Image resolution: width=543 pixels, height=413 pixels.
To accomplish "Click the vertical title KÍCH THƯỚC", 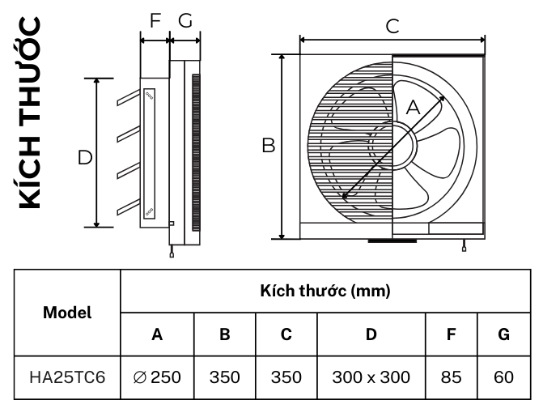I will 32,113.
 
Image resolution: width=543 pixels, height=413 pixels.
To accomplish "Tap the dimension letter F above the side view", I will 155,21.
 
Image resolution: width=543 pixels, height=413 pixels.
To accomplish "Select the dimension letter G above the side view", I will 185,21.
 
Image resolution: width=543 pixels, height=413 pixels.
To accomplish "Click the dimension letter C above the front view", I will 392,27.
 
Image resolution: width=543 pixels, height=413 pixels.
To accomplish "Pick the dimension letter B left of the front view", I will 269,147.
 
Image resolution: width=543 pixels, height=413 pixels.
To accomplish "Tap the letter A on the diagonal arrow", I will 412,107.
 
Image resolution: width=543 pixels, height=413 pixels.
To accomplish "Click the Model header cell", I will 67,312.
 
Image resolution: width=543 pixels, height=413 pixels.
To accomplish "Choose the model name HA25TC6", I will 67,377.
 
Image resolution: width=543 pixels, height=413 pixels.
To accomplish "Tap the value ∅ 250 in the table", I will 157,377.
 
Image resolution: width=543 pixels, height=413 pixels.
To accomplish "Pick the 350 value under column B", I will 224,377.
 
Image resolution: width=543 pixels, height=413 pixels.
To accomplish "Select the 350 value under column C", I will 286,377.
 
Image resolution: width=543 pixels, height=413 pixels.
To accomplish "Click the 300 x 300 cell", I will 371,377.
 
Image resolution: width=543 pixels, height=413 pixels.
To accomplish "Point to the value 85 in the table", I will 452,377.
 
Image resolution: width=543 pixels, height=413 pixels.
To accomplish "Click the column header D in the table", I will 371,333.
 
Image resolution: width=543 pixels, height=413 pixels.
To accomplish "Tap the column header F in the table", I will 452,333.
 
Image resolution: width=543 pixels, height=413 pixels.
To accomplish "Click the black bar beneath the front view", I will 392,241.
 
